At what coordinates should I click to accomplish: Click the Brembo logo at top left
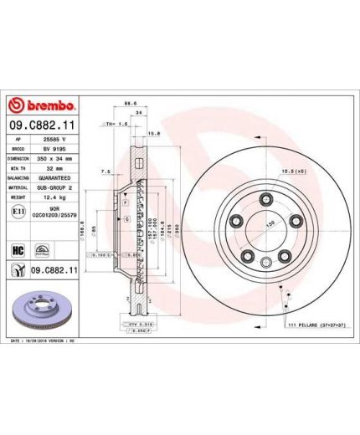click(x=42, y=105)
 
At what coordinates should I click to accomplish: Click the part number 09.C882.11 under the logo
click(x=43, y=124)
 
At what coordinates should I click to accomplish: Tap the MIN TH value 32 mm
click(x=54, y=166)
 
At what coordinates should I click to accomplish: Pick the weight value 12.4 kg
click(x=54, y=198)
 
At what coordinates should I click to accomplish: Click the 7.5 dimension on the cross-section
click(x=104, y=171)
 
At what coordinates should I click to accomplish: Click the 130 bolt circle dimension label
click(x=270, y=224)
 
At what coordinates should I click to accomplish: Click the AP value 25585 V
click(x=54, y=135)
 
